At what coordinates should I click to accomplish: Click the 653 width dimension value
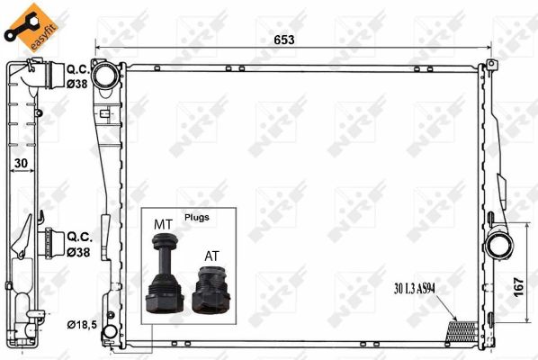[284, 40]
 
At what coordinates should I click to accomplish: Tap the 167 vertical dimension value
[518, 287]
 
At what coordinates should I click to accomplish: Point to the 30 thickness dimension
[21, 163]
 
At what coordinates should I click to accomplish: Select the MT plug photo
[165, 273]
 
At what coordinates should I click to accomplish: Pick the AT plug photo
[211, 289]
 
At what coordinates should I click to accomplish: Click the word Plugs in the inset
[197, 217]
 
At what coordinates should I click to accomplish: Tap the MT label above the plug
[163, 224]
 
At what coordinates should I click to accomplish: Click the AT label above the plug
[211, 256]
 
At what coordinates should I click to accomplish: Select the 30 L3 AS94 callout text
[415, 289]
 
